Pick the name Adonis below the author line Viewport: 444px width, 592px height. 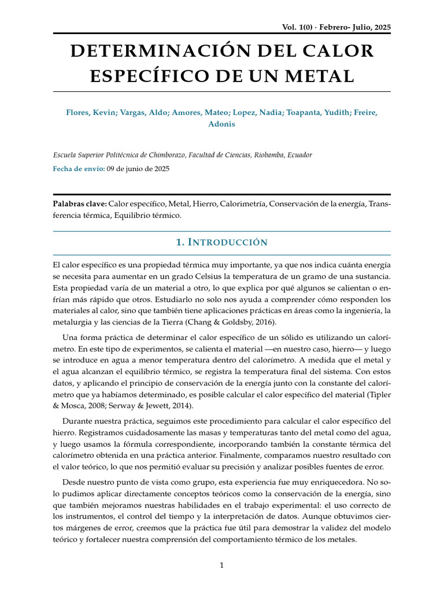222,124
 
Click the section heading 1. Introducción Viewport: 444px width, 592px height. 222,242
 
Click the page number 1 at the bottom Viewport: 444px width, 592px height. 222,565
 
